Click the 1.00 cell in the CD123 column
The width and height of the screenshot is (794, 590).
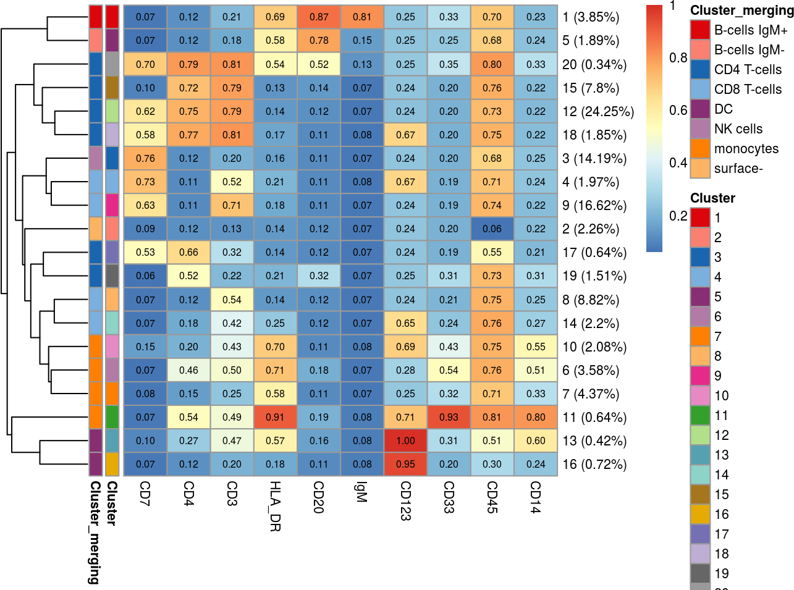405,440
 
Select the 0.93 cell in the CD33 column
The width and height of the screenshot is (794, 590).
449,417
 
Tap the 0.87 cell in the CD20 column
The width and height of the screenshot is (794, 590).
319,17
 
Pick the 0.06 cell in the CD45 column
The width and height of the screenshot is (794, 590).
492,229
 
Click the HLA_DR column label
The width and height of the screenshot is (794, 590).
275,506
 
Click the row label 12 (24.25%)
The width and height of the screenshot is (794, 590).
598,112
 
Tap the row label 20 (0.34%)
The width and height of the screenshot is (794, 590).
594,65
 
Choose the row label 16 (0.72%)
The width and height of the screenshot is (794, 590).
594,465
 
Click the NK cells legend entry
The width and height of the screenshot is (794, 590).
738,129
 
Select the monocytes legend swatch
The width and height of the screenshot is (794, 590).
700,149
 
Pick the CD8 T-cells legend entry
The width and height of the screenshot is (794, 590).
748,90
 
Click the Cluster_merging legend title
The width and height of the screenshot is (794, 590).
741,11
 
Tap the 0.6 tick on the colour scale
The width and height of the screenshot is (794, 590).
678,111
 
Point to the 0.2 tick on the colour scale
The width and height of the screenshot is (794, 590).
678,216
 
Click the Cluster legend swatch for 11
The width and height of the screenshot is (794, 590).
700,416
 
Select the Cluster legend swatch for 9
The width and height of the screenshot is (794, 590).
700,376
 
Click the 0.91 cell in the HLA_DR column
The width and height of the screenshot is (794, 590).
275,417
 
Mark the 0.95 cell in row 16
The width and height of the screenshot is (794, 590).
405,465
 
